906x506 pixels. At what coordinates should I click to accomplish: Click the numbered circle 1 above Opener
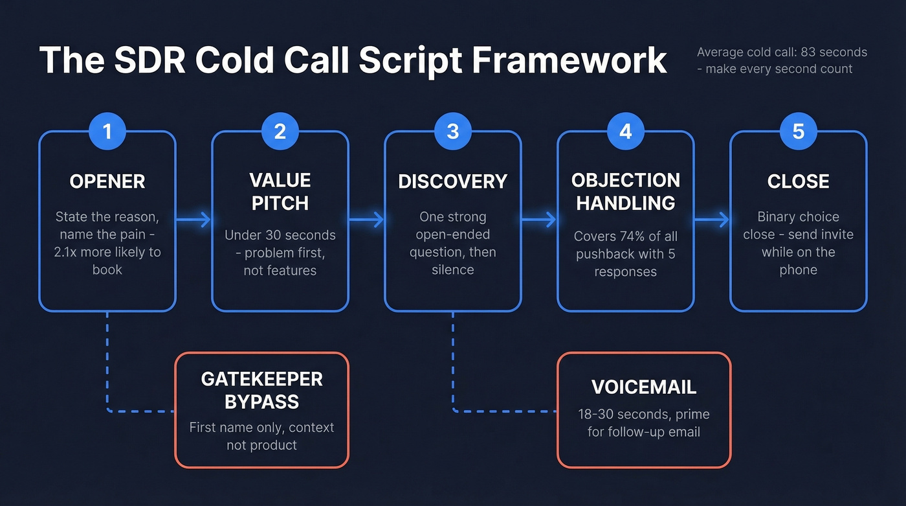click(107, 132)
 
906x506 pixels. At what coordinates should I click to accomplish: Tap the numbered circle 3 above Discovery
click(452, 132)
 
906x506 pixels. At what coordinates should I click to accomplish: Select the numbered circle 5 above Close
click(798, 132)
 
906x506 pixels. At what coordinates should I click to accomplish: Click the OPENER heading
click(107, 181)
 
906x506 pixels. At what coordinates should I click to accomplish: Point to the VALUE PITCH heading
click(280, 192)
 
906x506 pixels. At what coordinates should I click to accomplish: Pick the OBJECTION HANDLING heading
click(625, 192)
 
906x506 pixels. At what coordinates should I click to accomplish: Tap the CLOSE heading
click(798, 181)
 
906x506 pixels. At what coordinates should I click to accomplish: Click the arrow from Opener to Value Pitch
click(193, 220)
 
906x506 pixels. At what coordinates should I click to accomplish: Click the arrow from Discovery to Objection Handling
click(539, 220)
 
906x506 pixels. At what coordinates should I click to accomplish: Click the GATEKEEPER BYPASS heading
click(262, 390)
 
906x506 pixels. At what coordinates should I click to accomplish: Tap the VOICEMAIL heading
click(644, 387)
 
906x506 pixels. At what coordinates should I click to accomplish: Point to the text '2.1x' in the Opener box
click(66, 252)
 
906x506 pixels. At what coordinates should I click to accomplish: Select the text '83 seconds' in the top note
click(835, 52)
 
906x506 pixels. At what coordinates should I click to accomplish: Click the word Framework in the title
click(569, 61)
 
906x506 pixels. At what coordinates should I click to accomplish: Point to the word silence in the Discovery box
click(452, 270)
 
